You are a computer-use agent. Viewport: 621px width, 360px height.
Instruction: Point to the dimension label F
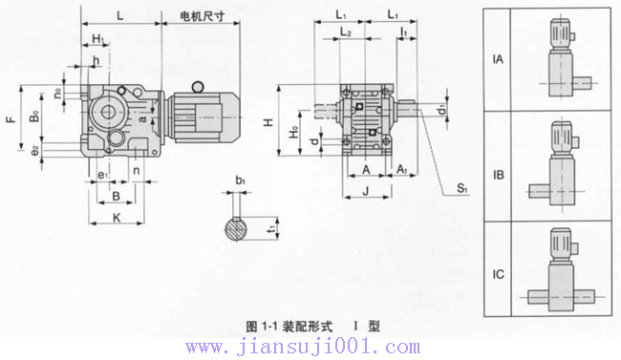coord(10,120)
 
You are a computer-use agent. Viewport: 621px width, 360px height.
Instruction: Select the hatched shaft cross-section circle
coord(238,229)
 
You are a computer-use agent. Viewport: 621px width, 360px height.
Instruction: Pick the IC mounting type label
coord(498,276)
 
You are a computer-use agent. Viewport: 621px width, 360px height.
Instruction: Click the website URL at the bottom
coord(302,347)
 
